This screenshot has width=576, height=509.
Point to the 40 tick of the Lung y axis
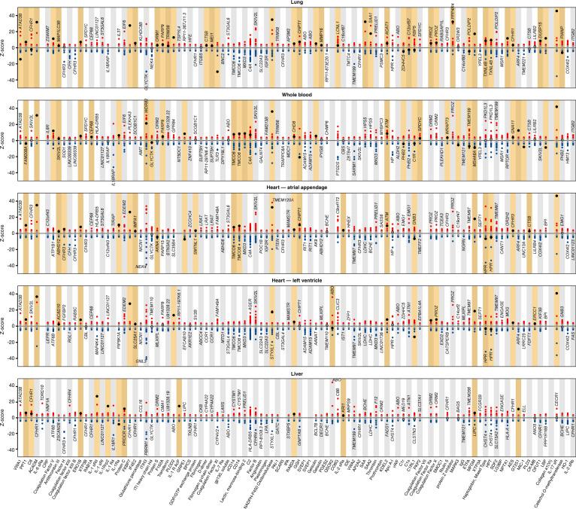pyautogui.click(x=14, y=14)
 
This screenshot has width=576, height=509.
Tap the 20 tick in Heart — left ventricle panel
pyautogui.click(x=14, y=309)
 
